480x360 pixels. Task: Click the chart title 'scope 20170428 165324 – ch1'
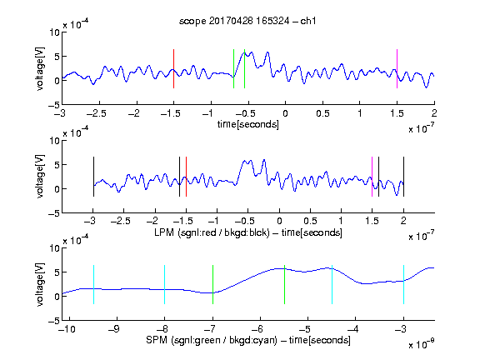(x=247, y=21)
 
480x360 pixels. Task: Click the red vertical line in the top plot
(x=173, y=68)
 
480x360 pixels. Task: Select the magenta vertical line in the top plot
(x=397, y=68)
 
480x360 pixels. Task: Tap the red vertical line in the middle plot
(x=186, y=177)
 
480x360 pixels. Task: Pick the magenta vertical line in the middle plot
(x=372, y=177)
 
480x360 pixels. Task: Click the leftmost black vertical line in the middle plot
(x=93, y=177)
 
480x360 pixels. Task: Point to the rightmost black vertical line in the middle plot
(x=404, y=177)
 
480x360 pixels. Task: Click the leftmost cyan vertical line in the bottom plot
(x=93, y=284)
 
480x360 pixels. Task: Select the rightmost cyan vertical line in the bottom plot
(x=404, y=284)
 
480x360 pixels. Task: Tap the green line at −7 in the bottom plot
(x=212, y=284)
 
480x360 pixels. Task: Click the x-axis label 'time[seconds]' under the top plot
(x=248, y=125)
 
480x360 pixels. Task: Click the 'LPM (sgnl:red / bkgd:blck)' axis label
(x=212, y=232)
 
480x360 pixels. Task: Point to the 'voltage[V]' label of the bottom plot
(x=40, y=284)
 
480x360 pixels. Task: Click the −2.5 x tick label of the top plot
(x=96, y=114)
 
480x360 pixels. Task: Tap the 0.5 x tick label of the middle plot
(x=310, y=221)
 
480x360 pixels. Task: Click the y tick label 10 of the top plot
(x=55, y=32)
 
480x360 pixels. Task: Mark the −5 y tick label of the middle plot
(x=53, y=213)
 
